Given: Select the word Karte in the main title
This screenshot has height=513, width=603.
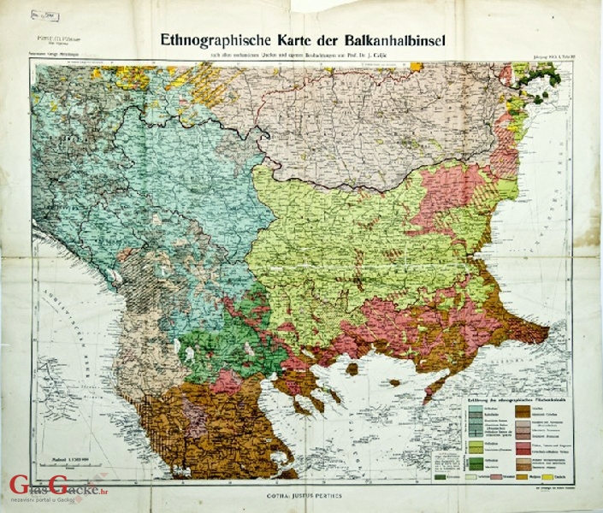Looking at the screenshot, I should click(x=296, y=39).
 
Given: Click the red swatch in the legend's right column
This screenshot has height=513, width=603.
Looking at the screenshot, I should click(x=520, y=448).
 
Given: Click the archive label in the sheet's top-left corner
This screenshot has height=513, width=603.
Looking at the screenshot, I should click(x=45, y=15).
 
